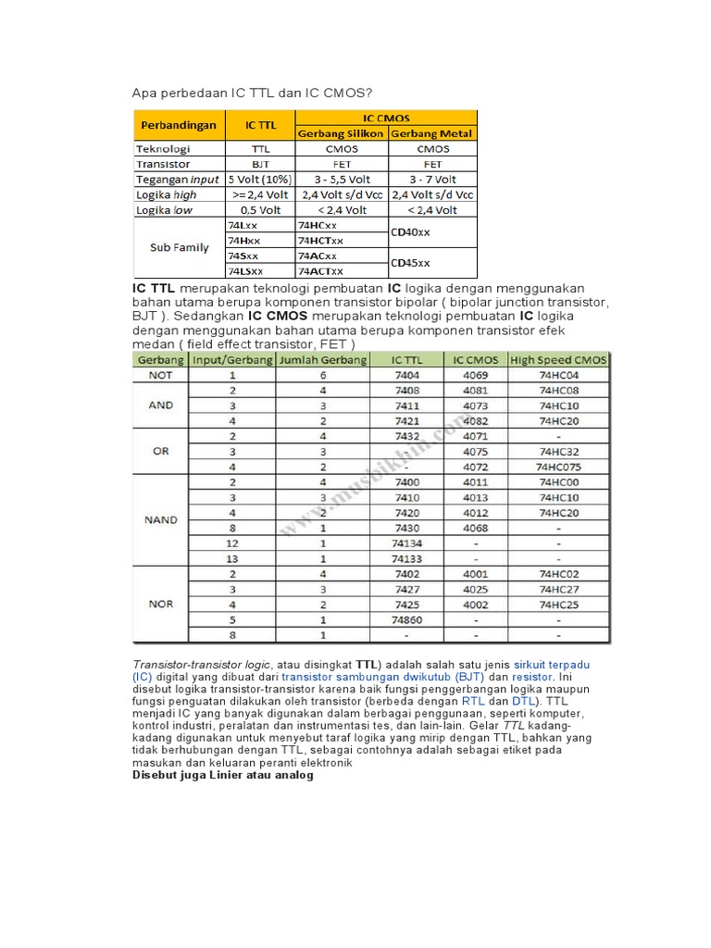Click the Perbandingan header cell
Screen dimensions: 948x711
[x=178, y=125]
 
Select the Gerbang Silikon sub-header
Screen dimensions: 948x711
[x=341, y=133]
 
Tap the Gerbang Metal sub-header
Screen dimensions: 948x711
[x=432, y=133]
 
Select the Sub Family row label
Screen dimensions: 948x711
[x=178, y=248]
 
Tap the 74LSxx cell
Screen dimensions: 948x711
[x=245, y=271]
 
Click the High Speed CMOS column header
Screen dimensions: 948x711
[x=558, y=359]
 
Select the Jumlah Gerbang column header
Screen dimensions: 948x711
[x=323, y=359]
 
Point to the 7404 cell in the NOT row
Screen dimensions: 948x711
[x=406, y=375]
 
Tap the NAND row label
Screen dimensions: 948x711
[x=161, y=520]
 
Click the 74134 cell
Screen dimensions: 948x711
[x=406, y=543]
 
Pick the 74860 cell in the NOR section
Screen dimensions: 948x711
[x=406, y=619]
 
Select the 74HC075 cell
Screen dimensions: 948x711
[x=558, y=467]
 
